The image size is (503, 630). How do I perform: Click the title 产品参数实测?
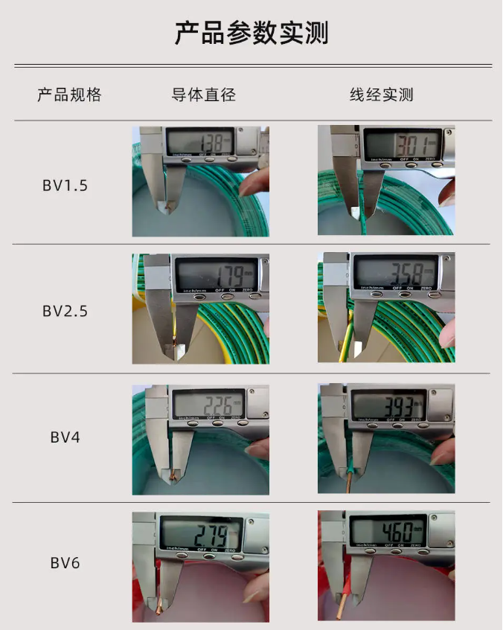[251, 33]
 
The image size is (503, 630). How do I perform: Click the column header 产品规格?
[69, 95]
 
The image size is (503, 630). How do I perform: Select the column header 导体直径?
[203, 95]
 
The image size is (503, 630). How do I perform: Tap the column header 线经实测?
[382, 95]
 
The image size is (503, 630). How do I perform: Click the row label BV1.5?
[65, 185]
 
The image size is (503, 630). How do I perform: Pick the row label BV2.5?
[65, 311]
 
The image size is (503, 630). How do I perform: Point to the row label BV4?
[65, 437]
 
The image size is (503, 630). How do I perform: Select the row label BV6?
[65, 563]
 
